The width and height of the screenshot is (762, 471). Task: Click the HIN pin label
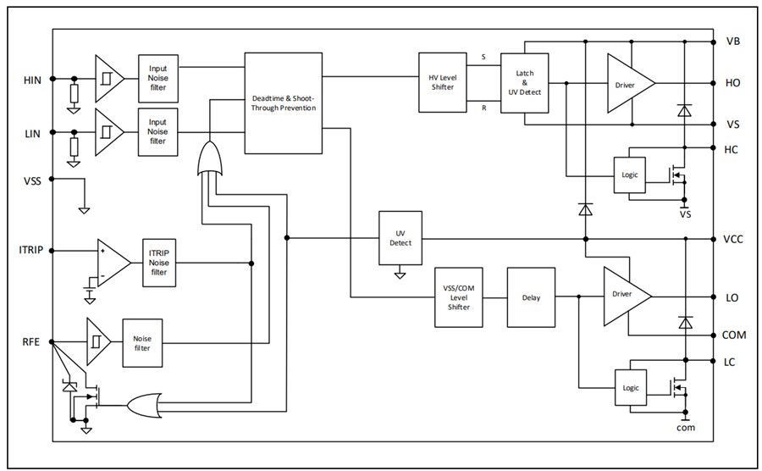click(x=31, y=80)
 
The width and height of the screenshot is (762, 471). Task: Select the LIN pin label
click(x=31, y=134)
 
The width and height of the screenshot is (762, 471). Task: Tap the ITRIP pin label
click(x=30, y=251)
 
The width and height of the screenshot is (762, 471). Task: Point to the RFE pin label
click(x=31, y=343)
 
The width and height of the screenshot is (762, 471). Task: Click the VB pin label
click(x=733, y=42)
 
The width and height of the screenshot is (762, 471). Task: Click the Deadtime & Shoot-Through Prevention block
click(x=284, y=103)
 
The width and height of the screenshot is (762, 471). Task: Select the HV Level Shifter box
click(x=442, y=83)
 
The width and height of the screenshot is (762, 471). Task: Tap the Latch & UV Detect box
click(x=524, y=83)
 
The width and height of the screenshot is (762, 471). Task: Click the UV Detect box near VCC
click(x=400, y=238)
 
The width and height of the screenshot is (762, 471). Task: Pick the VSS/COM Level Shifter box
click(x=458, y=296)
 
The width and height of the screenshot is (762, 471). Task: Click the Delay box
click(x=529, y=297)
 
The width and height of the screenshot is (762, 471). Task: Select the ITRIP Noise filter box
click(x=158, y=263)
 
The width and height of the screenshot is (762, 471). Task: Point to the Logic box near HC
click(x=629, y=175)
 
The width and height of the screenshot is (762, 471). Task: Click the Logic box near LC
click(x=629, y=387)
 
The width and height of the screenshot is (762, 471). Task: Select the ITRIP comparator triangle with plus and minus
click(x=111, y=263)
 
